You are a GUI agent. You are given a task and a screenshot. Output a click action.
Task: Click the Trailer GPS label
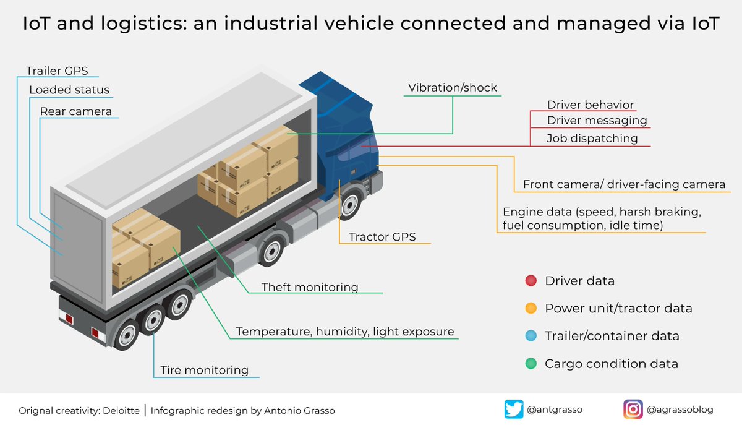pos(61,71)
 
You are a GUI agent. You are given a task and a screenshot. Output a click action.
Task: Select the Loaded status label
pos(69,90)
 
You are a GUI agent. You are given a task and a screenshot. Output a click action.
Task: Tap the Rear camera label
pos(76,112)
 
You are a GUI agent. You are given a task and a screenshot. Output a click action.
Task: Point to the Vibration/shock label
pos(453,88)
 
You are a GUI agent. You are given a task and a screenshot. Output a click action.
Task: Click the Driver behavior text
pos(591,105)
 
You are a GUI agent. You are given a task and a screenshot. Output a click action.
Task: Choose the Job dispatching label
pos(592,139)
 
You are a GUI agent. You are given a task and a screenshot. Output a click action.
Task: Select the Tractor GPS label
pos(382,237)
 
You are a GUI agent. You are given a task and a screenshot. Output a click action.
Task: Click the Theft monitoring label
pos(310,287)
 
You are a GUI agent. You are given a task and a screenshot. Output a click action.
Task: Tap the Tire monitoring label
pos(205,371)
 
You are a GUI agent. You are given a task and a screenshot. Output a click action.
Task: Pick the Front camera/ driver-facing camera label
pos(624,184)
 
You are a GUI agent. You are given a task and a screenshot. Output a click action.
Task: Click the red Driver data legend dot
pos(531,281)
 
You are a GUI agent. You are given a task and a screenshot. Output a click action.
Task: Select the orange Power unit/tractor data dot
pos(531,308)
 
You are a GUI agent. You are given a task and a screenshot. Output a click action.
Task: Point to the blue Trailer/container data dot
pos(531,336)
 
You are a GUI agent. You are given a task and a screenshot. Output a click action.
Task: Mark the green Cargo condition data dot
pos(531,364)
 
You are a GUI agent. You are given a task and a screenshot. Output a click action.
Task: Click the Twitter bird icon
pos(514,409)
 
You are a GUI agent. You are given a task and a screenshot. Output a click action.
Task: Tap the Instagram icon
pos(633,409)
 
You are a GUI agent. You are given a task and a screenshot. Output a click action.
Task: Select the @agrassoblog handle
pos(680,409)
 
